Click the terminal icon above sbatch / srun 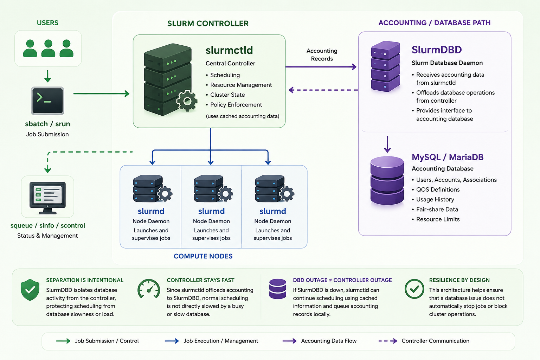[47, 101]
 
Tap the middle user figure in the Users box [48, 48]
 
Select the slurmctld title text [229, 50]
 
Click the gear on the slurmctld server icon [187, 101]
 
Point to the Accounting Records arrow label [322, 55]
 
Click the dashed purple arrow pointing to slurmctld [323, 90]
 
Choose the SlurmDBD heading [437, 50]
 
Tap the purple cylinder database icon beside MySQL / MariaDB [387, 181]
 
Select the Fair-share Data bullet [435, 209]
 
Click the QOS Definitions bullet [436, 189]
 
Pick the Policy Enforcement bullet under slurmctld [234, 105]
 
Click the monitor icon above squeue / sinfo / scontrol [47, 198]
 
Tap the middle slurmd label [211, 211]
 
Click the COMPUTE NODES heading [203, 256]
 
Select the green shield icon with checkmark [30, 290]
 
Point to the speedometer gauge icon [149, 289]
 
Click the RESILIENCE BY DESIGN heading [459, 280]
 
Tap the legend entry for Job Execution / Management [211, 341]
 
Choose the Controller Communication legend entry [424, 341]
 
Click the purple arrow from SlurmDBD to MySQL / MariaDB [387, 144]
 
